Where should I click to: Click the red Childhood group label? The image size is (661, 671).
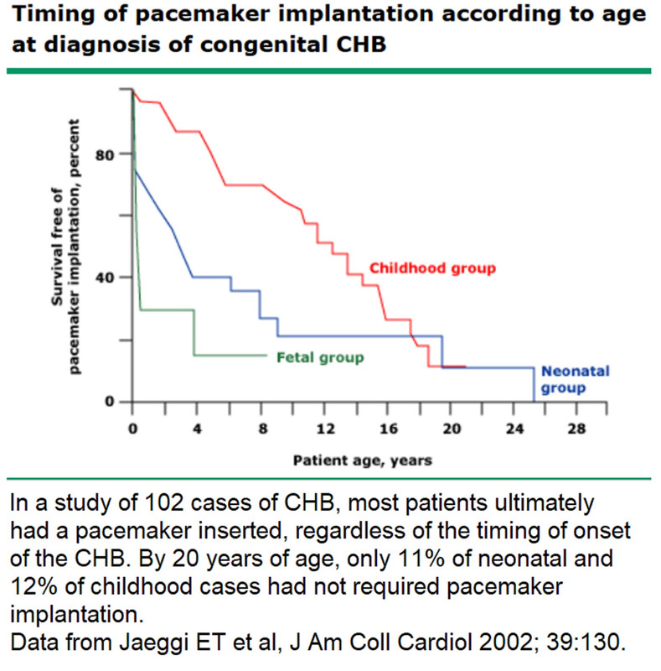click(432, 268)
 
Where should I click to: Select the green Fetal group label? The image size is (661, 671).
click(320, 357)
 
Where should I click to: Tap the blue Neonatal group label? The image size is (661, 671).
click(562, 380)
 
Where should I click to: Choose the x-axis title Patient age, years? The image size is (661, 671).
click(363, 461)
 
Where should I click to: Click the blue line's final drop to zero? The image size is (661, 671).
click(534, 386)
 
